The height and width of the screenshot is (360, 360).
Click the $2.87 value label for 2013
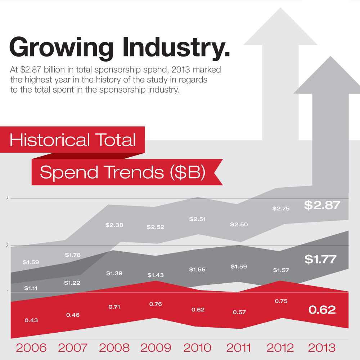pyautogui.click(x=322, y=205)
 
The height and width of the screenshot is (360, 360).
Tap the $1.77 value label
pyautogui.click(x=320, y=259)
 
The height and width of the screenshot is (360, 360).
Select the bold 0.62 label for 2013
pyautogui.click(x=322, y=310)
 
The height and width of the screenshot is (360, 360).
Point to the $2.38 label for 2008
pyautogui.click(x=114, y=225)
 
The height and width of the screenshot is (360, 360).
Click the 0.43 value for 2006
pyautogui.click(x=31, y=320)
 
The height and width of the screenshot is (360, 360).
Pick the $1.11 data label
pyautogui.click(x=31, y=288)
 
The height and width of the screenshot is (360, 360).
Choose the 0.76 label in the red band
pyautogui.click(x=155, y=304)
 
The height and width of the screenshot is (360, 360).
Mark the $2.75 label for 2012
pyautogui.click(x=281, y=208)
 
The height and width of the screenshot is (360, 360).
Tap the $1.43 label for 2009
pyautogui.click(x=155, y=275)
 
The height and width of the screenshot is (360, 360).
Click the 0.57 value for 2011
pyautogui.click(x=239, y=312)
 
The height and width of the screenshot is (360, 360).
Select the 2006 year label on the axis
pyautogui.click(x=31, y=348)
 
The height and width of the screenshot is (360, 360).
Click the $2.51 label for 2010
pyautogui.click(x=197, y=219)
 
